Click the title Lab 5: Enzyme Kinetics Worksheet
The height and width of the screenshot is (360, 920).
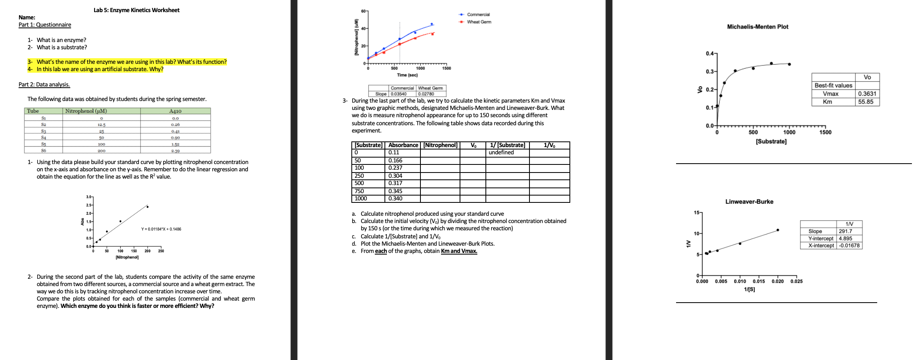click(x=137, y=10)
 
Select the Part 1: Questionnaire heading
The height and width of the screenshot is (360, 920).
click(x=45, y=25)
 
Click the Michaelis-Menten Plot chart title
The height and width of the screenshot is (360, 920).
click(x=757, y=27)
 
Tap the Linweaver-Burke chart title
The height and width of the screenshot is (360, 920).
click(x=749, y=202)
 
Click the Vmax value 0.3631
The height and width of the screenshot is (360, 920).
click(x=867, y=94)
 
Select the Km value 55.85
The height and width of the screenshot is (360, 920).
click(x=865, y=102)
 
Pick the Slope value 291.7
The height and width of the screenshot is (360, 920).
click(x=845, y=232)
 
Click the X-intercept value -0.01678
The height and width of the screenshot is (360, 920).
click(x=849, y=246)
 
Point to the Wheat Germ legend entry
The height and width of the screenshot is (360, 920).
click(x=479, y=22)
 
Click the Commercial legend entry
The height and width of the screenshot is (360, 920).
click(x=478, y=15)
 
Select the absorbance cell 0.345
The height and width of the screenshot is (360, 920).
click(x=395, y=191)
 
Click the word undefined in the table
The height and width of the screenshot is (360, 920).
click(x=501, y=152)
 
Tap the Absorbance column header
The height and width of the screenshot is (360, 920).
click(x=403, y=145)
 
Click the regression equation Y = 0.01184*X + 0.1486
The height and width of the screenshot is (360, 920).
click(x=161, y=229)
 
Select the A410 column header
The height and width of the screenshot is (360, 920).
click(x=175, y=111)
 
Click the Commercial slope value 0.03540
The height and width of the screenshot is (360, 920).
click(x=399, y=94)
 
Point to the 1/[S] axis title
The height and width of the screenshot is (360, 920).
click(x=749, y=289)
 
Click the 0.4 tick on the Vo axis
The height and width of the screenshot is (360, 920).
click(x=710, y=54)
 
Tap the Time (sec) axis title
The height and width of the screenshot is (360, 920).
click(x=407, y=75)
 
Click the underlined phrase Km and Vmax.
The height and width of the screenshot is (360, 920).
click(x=459, y=251)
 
